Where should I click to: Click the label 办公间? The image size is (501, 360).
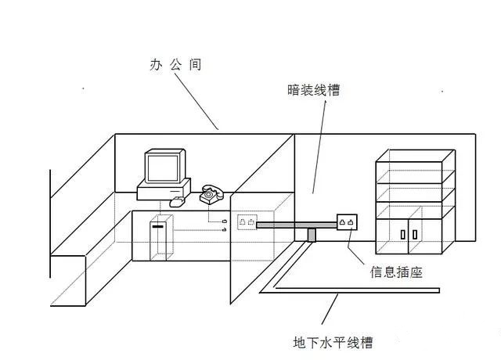(175, 64)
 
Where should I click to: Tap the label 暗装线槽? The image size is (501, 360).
(313, 90)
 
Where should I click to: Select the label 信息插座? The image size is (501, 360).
(396, 272)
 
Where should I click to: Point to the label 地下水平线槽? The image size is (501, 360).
(333, 343)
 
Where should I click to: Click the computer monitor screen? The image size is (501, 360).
(163, 168)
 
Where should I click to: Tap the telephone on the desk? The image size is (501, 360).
(211, 194)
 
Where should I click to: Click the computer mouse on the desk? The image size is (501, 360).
(178, 202)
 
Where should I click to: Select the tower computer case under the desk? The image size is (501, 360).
(161, 237)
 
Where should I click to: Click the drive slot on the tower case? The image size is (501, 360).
(158, 226)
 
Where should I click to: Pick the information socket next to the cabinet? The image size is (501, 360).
(347, 222)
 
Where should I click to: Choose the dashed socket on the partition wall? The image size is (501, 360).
(247, 222)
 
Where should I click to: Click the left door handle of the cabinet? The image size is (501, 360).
(403, 235)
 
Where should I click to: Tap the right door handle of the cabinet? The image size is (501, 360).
(415, 235)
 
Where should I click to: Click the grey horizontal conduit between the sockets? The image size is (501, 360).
(297, 225)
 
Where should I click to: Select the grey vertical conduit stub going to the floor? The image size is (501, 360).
(312, 235)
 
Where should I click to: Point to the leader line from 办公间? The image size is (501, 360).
(196, 102)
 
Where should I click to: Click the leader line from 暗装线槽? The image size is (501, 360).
(319, 147)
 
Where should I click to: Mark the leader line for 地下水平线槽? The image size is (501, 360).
(330, 309)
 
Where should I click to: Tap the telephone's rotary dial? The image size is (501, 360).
(209, 194)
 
